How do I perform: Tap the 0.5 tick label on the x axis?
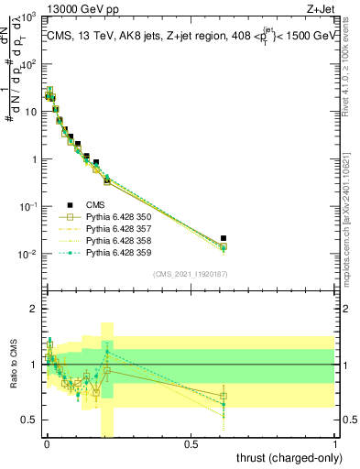191,444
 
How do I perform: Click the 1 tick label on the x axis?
336,444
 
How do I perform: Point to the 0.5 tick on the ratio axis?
32,420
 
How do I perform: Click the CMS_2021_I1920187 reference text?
191,274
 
